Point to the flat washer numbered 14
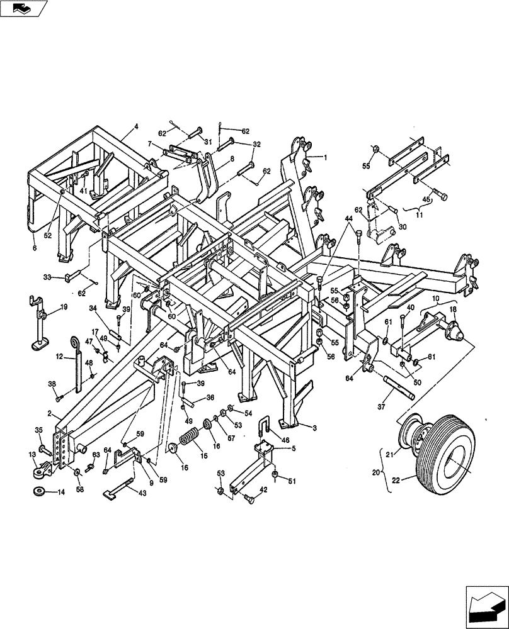click(39, 491)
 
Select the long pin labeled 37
click(396, 389)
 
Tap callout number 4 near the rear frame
click(135, 126)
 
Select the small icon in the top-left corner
click(24, 8)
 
